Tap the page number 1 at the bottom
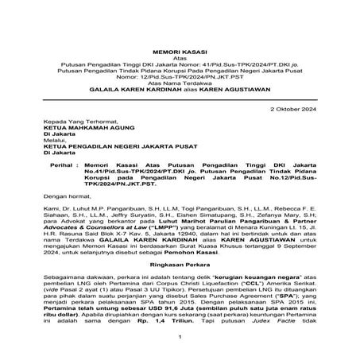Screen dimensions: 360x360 pyautogui.click(x=180, y=337)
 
